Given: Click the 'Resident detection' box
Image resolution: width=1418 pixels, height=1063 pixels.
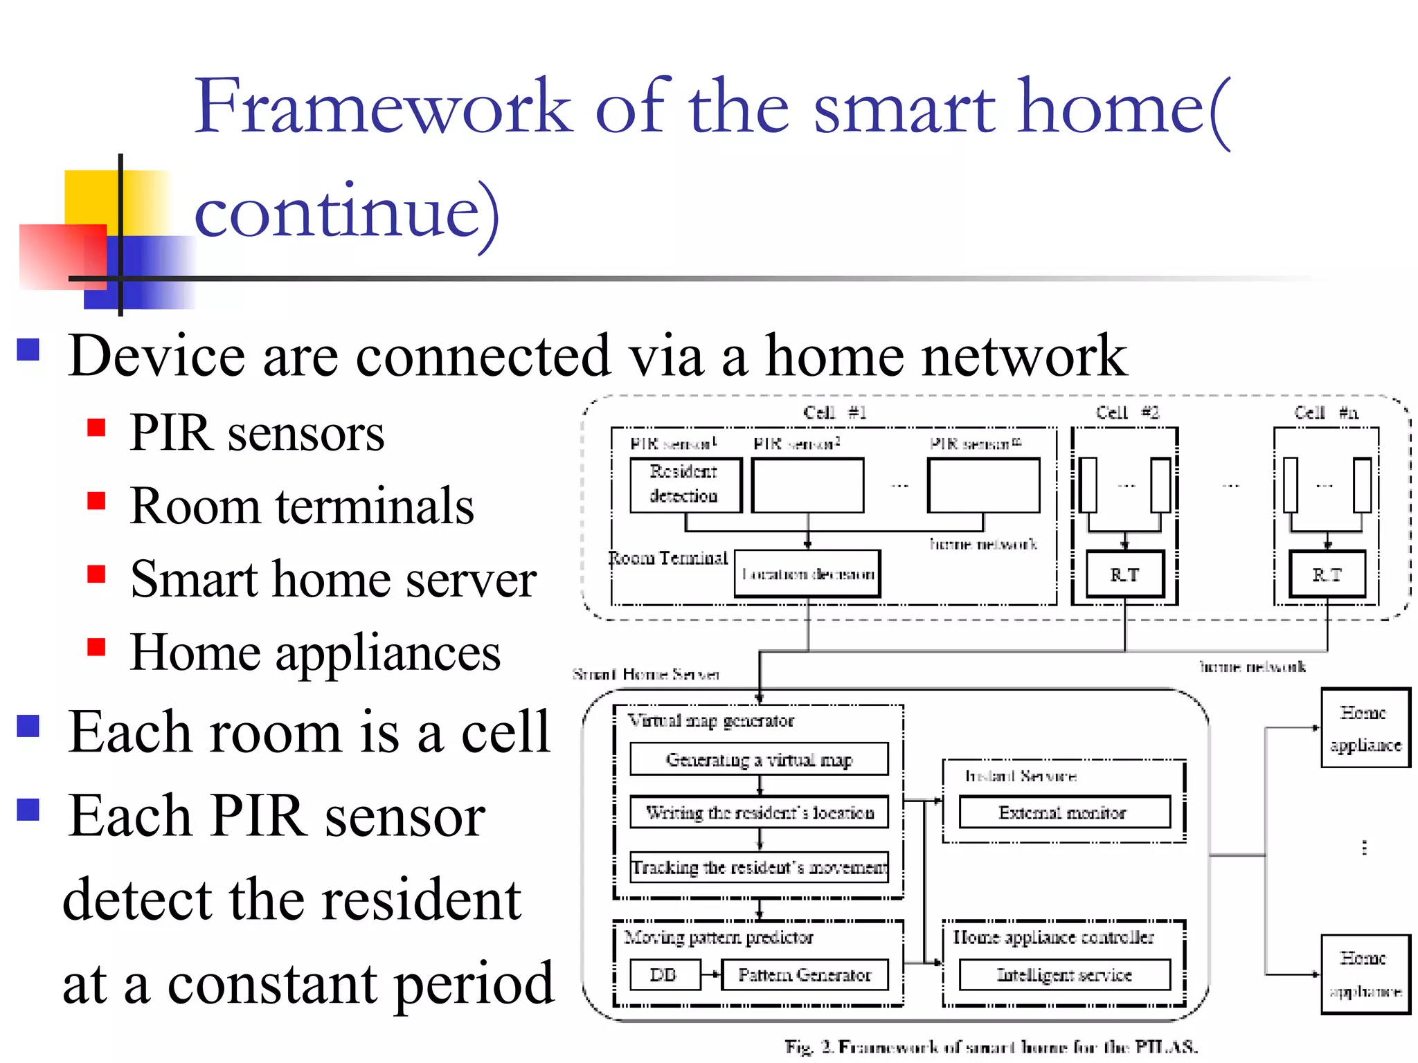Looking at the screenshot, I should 685,484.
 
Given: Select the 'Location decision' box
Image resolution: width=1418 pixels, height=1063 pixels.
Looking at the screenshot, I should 807,574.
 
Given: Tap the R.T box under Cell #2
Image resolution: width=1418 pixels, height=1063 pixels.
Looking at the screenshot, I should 1124,574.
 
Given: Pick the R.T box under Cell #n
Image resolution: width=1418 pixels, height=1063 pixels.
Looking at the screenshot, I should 1327,574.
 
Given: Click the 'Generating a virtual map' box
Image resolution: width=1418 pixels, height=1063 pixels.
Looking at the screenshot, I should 759,759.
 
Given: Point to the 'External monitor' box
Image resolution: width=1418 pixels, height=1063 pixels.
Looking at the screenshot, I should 1063,812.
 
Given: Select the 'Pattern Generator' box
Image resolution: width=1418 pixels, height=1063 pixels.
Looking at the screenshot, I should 805,974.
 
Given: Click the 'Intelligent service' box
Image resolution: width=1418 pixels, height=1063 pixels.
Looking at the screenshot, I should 1063,974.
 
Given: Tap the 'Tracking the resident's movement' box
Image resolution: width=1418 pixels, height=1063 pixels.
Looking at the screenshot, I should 759,866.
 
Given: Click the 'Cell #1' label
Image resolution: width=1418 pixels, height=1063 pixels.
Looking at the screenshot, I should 834,412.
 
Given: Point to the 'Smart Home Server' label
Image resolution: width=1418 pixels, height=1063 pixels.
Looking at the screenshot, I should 646,674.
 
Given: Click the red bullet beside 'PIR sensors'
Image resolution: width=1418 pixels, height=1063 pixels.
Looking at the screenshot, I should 96,428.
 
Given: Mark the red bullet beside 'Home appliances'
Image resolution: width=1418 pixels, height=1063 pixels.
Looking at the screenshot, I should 96,646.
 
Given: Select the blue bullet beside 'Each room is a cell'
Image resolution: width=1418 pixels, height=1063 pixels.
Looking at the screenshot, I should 28,726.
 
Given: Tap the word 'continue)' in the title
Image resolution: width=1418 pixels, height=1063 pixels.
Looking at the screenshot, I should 346,211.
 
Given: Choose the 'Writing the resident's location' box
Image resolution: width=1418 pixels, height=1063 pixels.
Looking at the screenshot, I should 759,812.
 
